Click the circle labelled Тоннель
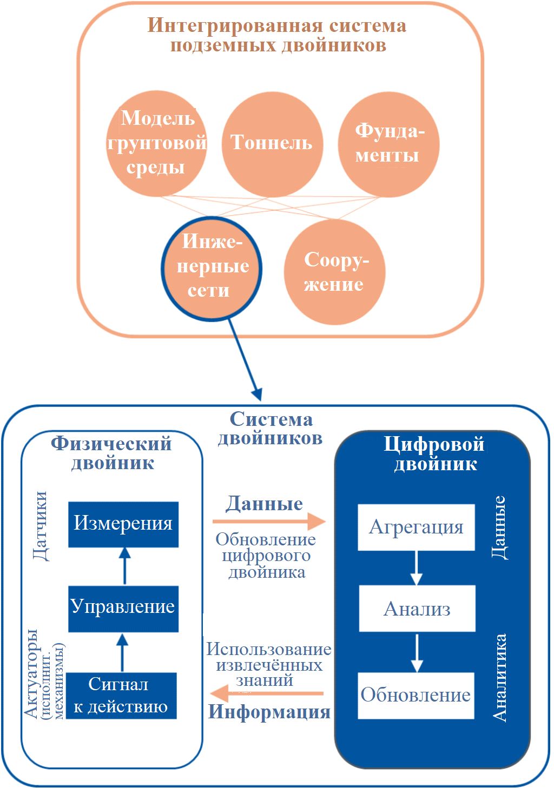272,144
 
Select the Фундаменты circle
388,144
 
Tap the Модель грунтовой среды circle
157,144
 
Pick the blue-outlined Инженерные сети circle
210,267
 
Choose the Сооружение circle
334,272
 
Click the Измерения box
123,524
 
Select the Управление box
123,608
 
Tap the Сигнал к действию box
122,696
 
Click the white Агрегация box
416,527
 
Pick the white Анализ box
417,609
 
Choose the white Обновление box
416,695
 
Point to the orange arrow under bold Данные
269,522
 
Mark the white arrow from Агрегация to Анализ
416,568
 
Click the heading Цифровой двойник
434,454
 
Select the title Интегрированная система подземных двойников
278,35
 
